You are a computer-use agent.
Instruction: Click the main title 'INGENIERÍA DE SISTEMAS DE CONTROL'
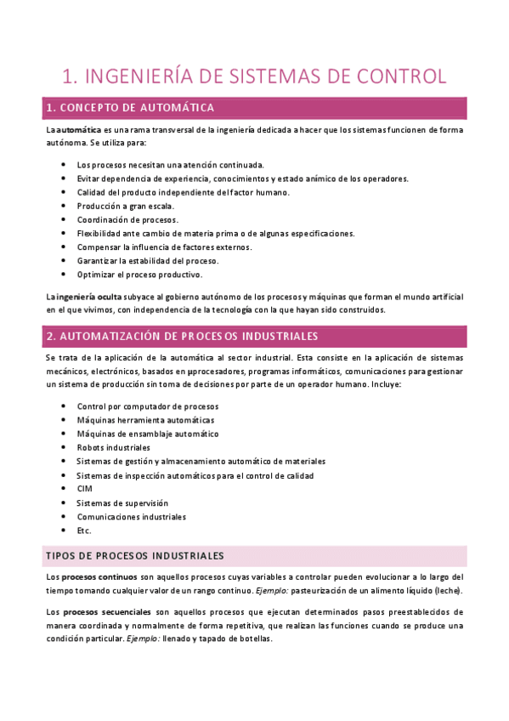[254, 76]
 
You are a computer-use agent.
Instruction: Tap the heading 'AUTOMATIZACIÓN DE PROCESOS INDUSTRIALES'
[182, 335]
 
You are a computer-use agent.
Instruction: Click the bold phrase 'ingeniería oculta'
[86, 296]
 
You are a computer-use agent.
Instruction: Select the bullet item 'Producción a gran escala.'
[125, 206]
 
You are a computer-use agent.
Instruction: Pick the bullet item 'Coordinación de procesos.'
[127, 219]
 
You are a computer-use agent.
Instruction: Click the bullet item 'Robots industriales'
[113, 447]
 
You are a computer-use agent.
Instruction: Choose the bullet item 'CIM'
[84, 489]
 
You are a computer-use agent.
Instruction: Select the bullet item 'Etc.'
[84, 531]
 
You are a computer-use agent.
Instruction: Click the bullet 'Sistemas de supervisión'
[122, 502]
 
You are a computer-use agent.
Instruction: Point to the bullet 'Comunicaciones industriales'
[131, 516]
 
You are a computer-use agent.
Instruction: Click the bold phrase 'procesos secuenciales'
[105, 611]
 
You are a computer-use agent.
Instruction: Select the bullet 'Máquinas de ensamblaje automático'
[148, 434]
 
